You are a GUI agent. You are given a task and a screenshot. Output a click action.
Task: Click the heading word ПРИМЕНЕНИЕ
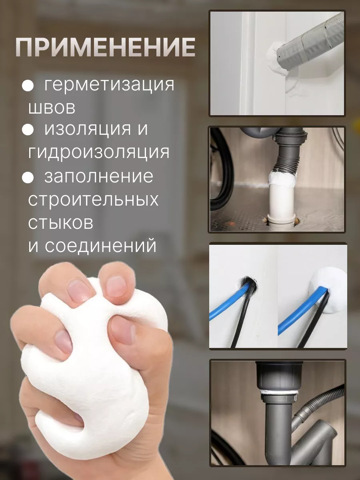click(x=105, y=48)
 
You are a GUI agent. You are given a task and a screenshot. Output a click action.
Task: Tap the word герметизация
click(x=109, y=85)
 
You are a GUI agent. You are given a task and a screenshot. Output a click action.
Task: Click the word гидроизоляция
click(x=99, y=152)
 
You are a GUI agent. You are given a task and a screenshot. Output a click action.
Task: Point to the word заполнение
click(x=99, y=176)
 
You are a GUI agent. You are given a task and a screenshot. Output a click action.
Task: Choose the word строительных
click(x=93, y=200)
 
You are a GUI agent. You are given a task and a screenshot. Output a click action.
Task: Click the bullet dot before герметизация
click(x=28, y=86)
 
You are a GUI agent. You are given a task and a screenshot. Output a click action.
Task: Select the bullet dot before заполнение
click(x=28, y=177)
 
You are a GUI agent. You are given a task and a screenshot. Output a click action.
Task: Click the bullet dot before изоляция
click(x=28, y=130)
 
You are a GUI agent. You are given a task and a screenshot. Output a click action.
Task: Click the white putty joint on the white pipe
click(x=282, y=179)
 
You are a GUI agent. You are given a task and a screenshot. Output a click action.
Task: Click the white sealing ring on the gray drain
click(x=279, y=392)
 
